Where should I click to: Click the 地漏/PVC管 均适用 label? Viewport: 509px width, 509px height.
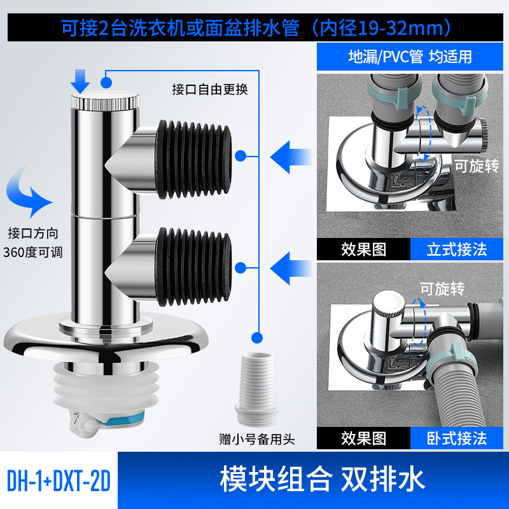pos(410,56)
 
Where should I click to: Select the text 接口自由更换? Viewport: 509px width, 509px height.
pos(209,88)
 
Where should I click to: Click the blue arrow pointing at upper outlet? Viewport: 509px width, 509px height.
pos(291,154)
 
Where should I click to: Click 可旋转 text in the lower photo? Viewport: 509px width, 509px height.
pos(438,288)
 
